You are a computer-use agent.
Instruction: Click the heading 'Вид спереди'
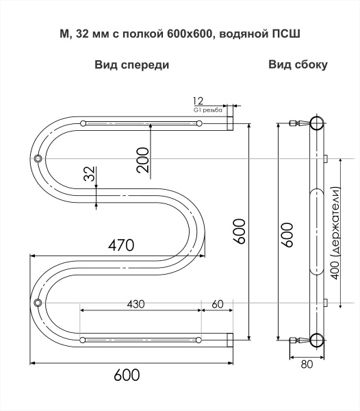point(131,65)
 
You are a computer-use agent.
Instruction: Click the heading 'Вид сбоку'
point(298,65)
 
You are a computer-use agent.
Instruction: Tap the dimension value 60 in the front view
point(218,304)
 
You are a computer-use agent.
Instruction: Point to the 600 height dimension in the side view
point(287,234)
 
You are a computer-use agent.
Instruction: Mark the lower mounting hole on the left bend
point(38,302)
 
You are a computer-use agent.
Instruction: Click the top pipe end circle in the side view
point(316,123)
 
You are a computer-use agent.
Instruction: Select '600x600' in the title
point(190,32)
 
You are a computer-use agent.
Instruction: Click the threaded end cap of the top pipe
point(230,123)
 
